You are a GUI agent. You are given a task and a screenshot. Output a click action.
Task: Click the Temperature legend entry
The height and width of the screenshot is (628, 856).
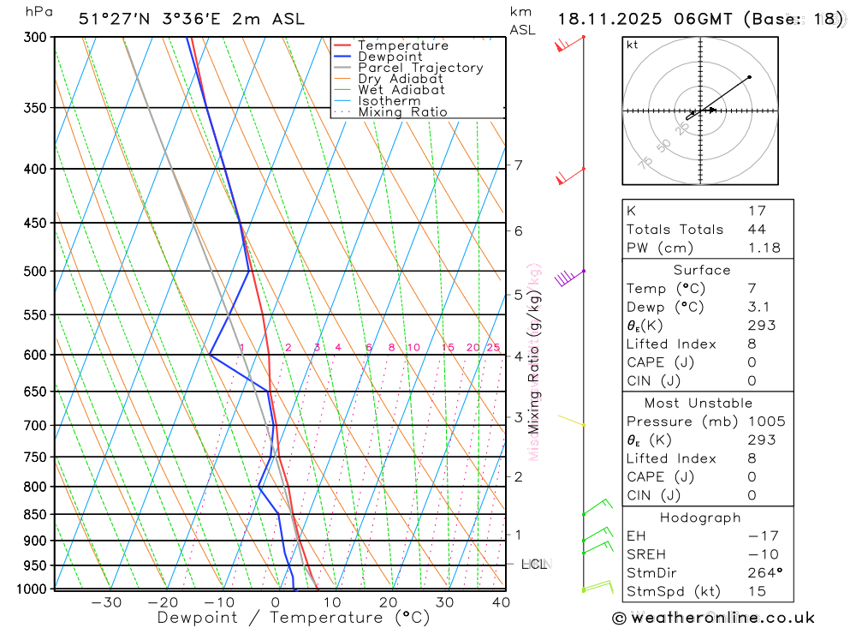(x=402, y=45)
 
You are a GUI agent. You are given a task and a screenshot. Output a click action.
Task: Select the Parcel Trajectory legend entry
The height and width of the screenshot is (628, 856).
(x=420, y=68)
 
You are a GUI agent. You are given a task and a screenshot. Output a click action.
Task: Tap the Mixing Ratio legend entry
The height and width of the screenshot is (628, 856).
(x=402, y=112)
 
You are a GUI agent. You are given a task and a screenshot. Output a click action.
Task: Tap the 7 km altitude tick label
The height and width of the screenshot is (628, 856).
(x=519, y=164)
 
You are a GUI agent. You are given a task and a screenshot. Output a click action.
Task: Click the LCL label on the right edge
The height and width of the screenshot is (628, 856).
(x=534, y=565)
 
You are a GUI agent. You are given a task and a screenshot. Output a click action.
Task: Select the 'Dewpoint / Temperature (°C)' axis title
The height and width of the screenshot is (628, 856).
(x=293, y=618)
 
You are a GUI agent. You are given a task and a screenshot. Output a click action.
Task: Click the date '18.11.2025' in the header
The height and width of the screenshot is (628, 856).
(x=606, y=19)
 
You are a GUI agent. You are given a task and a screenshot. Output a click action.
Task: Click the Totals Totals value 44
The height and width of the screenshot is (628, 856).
(x=756, y=230)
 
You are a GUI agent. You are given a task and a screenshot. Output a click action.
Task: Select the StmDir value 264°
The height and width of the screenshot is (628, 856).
(x=763, y=573)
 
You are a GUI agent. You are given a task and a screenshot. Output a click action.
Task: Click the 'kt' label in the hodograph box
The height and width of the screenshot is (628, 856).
(x=633, y=45)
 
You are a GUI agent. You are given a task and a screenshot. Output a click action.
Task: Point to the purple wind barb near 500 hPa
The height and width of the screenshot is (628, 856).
(x=566, y=278)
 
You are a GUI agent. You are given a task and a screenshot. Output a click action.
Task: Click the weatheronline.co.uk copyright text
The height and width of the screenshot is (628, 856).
(x=713, y=618)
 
